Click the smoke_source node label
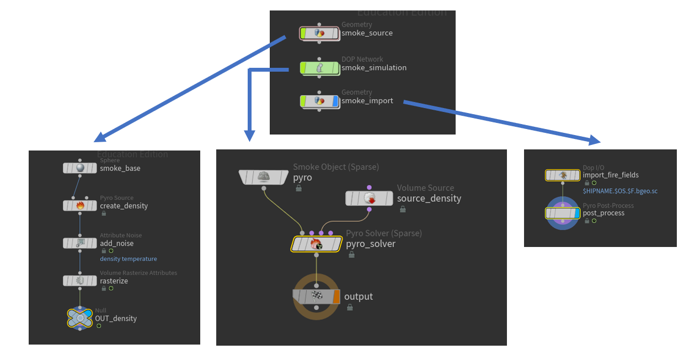point(367,33)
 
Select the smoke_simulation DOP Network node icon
point(319,68)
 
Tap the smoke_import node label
point(367,101)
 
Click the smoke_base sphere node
point(80,168)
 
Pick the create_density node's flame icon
point(80,206)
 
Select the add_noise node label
point(116,243)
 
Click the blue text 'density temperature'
point(128,259)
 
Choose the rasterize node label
point(114,281)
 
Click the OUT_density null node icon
point(80,318)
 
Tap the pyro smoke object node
point(264,177)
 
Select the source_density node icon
point(370,198)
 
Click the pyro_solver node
point(316,244)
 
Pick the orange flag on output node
point(336,297)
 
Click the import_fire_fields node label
point(611,175)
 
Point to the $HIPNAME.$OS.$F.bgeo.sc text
point(620,191)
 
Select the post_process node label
point(603,213)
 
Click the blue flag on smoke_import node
point(335,101)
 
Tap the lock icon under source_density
point(403,209)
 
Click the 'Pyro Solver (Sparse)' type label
point(384,233)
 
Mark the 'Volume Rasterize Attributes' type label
point(138,273)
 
